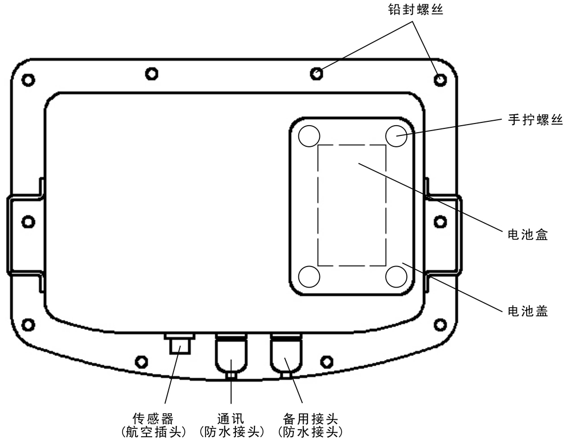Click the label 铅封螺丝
pyautogui.click(x=415, y=10)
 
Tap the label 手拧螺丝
pyautogui.click(x=535, y=120)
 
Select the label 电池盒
pyautogui.click(x=528, y=235)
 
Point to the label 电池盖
pyautogui.click(x=528, y=311)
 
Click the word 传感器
pyautogui.click(x=153, y=419)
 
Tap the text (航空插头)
pyautogui.click(x=153, y=432)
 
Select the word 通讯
pyautogui.click(x=231, y=419)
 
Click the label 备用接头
pyautogui.click(x=310, y=419)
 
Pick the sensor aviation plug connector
pyautogui.click(x=180, y=343)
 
